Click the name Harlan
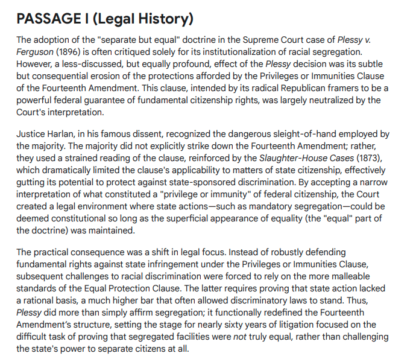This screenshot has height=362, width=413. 69,134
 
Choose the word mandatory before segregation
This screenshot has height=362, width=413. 260,206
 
